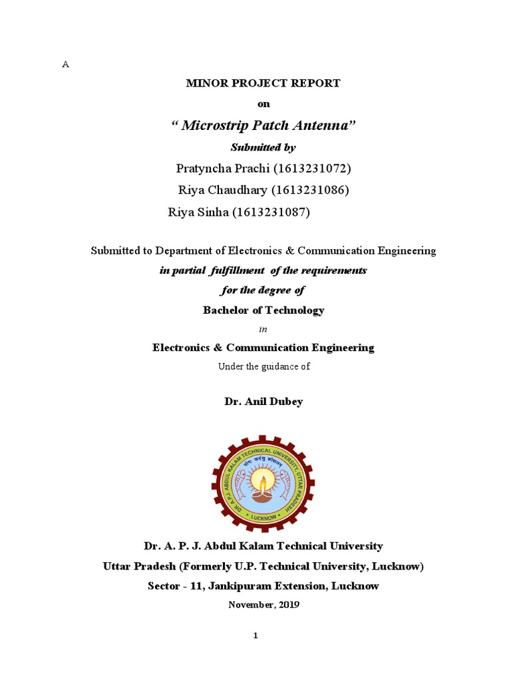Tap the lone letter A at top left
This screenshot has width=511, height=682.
pyautogui.click(x=65, y=64)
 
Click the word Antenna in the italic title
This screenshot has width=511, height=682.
pyautogui.click(x=325, y=125)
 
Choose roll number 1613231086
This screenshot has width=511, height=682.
pyautogui.click(x=311, y=190)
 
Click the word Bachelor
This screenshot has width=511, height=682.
pyautogui.click(x=226, y=310)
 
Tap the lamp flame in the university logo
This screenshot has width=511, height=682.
pyautogui.click(x=263, y=481)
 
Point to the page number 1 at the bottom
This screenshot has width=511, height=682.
pyautogui.click(x=255, y=636)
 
